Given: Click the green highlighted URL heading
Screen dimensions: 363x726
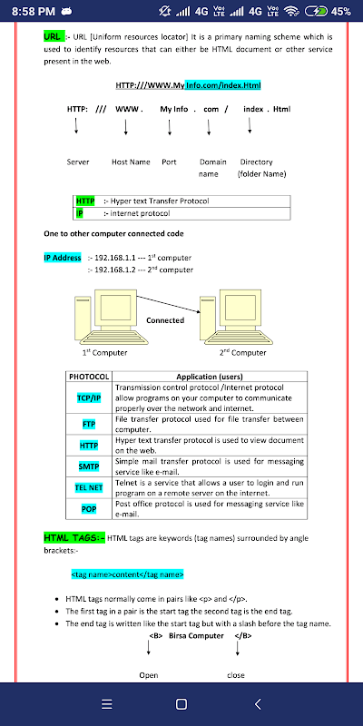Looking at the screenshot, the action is click(x=53, y=36).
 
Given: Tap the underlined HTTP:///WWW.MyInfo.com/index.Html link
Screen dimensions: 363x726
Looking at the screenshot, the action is click(x=189, y=85).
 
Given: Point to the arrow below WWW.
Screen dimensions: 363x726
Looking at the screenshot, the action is click(x=125, y=127).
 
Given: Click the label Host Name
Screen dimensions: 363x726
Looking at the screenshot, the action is click(x=131, y=162).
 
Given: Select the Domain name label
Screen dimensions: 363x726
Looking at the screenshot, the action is click(x=213, y=168).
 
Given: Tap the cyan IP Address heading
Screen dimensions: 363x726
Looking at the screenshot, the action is click(x=63, y=258).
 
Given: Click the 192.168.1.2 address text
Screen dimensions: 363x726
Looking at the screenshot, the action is click(x=115, y=270).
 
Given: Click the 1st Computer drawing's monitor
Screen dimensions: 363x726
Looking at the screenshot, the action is click(x=115, y=309).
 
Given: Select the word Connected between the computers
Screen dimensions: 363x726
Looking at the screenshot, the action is click(x=165, y=320).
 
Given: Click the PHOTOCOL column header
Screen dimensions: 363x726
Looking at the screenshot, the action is click(x=89, y=377).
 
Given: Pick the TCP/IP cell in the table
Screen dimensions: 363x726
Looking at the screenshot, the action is click(x=89, y=397).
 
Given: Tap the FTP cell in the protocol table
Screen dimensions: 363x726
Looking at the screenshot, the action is click(x=89, y=424).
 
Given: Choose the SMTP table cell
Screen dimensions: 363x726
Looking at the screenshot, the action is click(x=89, y=466).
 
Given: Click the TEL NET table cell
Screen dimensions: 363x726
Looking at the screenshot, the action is click(x=89, y=487).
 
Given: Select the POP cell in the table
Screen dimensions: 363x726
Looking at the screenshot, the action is click(x=89, y=509).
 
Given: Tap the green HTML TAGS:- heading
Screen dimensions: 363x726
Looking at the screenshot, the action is click(x=74, y=537).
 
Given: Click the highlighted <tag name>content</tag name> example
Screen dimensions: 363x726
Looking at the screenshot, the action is click(x=127, y=574).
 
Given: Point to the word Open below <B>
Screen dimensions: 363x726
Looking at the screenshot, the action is click(x=149, y=675).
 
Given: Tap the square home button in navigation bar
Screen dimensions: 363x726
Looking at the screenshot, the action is click(x=181, y=704).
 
